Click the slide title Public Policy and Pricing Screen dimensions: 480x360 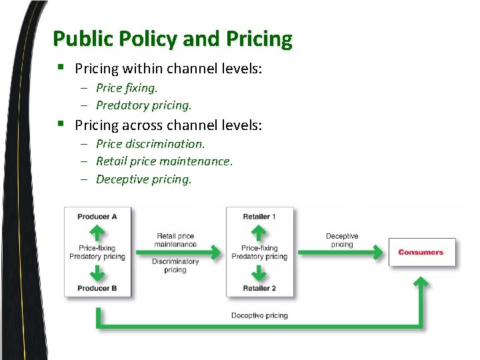172,39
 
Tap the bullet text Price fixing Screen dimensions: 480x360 127,87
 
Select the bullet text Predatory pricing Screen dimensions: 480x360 143,105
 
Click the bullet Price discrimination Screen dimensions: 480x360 150,143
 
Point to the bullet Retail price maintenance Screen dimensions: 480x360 164,161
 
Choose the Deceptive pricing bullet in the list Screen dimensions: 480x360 143,179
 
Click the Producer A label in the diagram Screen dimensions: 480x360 97,217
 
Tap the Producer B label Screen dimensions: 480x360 97,288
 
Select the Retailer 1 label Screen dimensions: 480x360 259,217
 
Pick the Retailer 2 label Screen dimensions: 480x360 259,288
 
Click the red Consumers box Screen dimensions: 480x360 421,252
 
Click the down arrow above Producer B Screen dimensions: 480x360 97,273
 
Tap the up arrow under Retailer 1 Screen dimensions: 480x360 259,233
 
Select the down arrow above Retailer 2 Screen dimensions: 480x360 259,273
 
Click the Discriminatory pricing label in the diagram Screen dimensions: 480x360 175,265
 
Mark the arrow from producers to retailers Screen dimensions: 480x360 177,252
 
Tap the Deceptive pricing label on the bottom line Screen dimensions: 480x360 259,315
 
